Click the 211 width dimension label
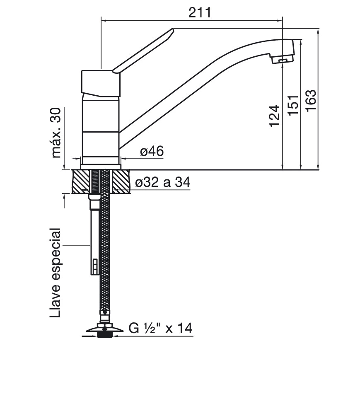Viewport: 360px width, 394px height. pyautogui.click(x=200, y=12)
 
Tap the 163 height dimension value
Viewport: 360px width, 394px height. pyautogui.click(x=311, y=100)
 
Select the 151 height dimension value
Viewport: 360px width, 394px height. pyautogui.click(x=293, y=106)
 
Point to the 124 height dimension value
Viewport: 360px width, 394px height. pyautogui.click(x=275, y=116)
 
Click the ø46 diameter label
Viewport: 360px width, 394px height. pyautogui.click(x=152, y=151)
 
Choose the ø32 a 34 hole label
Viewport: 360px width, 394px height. pyautogui.click(x=163, y=182)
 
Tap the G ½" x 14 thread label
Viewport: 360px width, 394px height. pyautogui.click(x=161, y=328)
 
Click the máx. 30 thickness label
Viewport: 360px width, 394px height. pyautogui.click(x=56, y=133)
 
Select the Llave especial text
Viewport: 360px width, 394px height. pyautogui.click(x=55, y=273)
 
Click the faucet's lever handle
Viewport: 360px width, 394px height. pyautogui.click(x=143, y=51)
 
